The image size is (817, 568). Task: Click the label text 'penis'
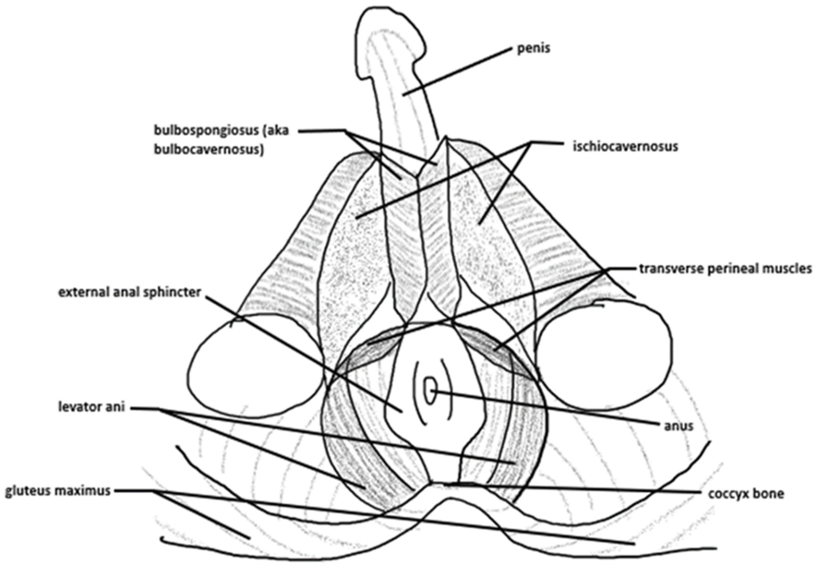[533, 49]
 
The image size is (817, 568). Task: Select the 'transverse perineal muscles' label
[725, 269]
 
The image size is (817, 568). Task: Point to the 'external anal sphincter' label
[129, 292]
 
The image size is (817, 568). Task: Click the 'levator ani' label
[92, 407]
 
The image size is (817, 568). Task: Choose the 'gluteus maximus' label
[58, 491]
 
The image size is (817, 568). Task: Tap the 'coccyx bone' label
[746, 494]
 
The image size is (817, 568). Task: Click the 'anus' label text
[679, 426]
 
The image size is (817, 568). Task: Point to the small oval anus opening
[430, 390]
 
